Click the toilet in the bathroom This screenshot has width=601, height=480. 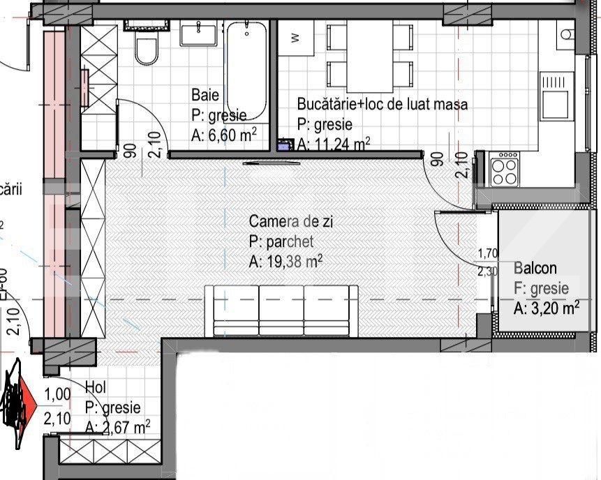click(x=147, y=50)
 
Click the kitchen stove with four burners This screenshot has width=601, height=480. click(x=504, y=169)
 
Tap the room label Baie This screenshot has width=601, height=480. click(x=206, y=95)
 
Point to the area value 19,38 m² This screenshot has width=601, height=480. click(x=285, y=262)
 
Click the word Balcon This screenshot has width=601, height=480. click(x=535, y=268)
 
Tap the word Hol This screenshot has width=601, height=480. click(x=96, y=387)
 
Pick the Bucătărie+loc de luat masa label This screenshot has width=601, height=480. click(x=382, y=105)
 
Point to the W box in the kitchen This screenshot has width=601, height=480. click(x=295, y=38)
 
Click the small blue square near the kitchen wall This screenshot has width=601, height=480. click(x=284, y=146)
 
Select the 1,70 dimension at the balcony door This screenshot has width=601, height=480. click(x=487, y=254)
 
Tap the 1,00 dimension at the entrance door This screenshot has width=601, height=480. click(x=57, y=395)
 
